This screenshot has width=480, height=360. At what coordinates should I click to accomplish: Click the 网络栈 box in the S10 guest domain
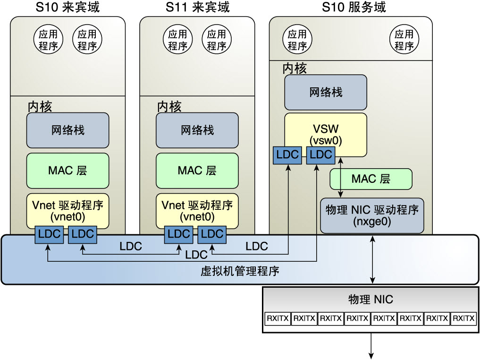coord(68,130)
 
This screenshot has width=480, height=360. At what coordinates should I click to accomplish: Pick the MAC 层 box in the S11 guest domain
coord(197,170)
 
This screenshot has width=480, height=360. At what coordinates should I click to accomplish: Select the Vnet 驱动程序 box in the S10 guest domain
coord(68,211)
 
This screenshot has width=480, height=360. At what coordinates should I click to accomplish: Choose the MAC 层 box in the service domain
coord(371,179)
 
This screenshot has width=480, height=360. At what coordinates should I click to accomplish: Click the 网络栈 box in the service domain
coord(326,92)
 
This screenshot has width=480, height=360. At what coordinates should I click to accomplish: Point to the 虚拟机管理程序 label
coord(240,271)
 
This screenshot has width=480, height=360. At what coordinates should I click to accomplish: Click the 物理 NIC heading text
coord(371,299)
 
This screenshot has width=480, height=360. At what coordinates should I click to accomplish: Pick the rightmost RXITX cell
coord(463,319)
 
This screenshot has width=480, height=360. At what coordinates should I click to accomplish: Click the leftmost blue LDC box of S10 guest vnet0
coord(49,233)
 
